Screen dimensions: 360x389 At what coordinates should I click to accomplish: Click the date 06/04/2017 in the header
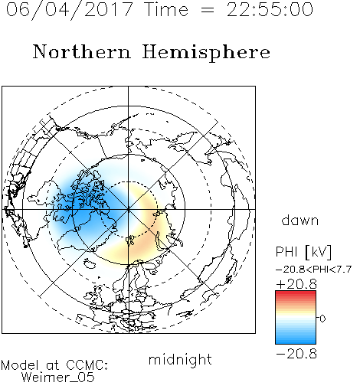[69, 10]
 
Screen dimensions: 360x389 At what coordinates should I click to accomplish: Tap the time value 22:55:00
[270, 9]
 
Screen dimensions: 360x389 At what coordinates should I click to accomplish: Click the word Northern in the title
[82, 51]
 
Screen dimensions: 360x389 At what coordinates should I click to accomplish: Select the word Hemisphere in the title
[206, 53]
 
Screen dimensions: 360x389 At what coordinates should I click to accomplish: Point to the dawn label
[300, 220]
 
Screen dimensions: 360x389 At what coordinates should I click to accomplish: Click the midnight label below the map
[180, 360]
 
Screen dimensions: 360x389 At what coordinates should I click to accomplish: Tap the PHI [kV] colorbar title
[303, 252]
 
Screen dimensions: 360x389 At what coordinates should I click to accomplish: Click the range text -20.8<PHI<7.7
[314, 269]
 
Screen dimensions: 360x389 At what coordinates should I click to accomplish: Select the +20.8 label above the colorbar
[296, 284]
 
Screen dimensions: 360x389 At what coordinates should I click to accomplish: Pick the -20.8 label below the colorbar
[296, 354]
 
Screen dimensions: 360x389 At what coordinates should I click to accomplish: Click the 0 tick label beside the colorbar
[322, 319]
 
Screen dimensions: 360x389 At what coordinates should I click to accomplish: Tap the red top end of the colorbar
[296, 293]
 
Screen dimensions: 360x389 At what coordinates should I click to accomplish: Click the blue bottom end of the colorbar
[296, 342]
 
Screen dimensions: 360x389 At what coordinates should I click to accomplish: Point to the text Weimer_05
[58, 378]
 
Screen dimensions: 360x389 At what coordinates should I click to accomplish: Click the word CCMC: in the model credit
[87, 365]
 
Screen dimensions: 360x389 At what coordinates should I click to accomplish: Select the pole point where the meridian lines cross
[128, 209]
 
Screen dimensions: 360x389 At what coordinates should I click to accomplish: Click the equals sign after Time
[207, 10]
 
